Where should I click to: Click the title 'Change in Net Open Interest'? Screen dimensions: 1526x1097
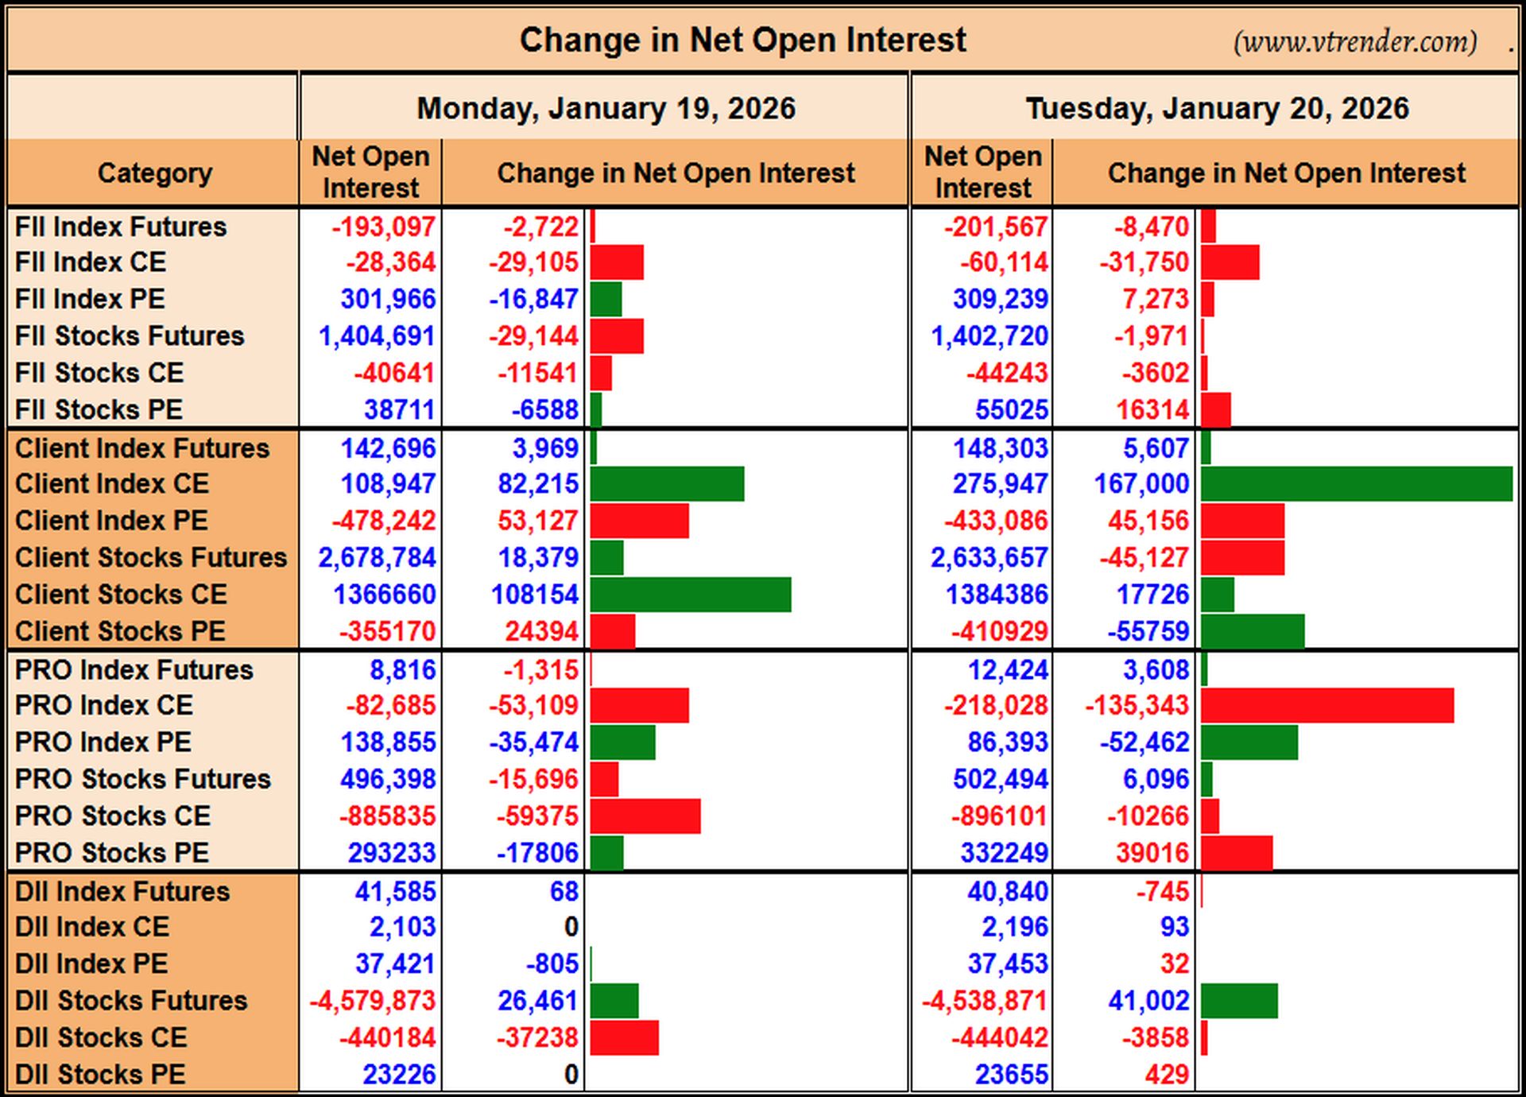pos(742,40)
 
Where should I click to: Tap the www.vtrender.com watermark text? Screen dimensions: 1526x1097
pos(1355,41)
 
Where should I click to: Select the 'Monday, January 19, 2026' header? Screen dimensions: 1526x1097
pos(606,108)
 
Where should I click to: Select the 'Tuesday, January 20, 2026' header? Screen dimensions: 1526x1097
pos(1217,108)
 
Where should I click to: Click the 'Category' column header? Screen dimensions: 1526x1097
pos(155,172)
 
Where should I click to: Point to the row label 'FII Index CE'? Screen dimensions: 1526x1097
pos(91,262)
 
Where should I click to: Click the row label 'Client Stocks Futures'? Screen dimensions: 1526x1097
pos(151,557)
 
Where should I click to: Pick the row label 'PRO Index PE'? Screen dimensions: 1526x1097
pos(103,742)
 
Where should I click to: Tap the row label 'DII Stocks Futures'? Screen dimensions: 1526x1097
pos(131,1000)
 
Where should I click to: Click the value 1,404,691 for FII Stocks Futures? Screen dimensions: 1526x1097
pos(377,336)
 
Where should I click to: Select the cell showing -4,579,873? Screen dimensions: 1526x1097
pos(372,1001)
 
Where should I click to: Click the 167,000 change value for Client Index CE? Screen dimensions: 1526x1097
pos(1141,483)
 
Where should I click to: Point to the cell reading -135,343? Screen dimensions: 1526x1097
pos(1137,705)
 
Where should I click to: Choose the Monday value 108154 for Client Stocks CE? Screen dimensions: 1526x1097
pos(535,595)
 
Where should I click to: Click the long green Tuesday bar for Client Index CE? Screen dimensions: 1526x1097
pos(1357,484)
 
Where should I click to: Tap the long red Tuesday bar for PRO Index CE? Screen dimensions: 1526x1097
pos(1327,706)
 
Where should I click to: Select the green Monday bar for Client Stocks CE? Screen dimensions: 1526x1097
pos(691,595)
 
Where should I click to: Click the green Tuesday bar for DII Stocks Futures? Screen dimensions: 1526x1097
pos(1239,1001)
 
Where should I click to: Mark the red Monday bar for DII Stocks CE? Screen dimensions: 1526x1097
pos(625,1037)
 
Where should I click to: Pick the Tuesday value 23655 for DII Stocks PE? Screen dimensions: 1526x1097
pos(1012,1075)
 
